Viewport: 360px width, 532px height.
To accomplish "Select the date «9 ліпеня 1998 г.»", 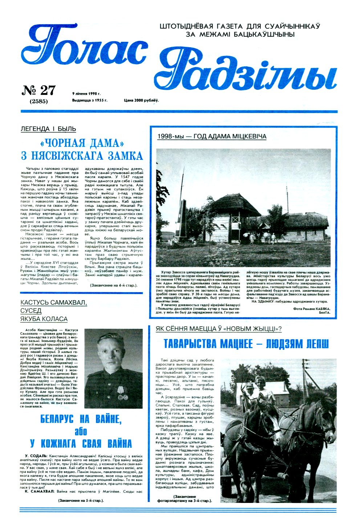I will [86, 93].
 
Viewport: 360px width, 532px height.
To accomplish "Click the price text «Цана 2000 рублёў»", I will [141, 100].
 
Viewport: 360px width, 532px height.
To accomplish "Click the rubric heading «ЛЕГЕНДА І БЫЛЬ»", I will [48, 129].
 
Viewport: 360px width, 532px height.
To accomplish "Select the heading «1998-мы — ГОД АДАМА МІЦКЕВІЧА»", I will [212, 136].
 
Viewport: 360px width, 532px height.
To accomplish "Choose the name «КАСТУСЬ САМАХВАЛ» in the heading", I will [54, 303].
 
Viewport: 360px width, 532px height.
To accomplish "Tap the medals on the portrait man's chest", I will [122, 391].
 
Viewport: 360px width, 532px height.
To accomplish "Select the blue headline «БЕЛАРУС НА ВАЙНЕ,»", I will [81, 419].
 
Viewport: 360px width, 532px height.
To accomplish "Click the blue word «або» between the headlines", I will [81, 431].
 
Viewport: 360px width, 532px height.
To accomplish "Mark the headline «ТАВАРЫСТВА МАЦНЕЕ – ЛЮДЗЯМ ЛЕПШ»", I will [246, 344].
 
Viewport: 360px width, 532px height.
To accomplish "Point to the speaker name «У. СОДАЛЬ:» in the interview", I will [36, 456].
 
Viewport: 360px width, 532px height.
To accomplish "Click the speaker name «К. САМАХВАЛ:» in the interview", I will [39, 491].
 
